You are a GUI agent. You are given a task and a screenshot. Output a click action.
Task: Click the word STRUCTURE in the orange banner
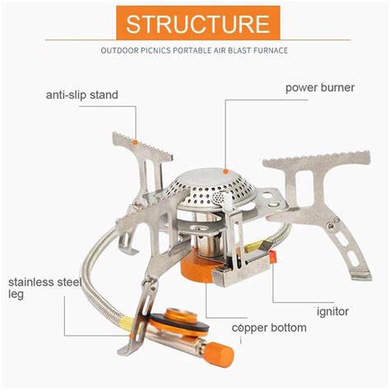pyautogui.click(x=198, y=24)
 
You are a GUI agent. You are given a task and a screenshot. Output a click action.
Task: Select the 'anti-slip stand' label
pyautogui.click(x=82, y=95)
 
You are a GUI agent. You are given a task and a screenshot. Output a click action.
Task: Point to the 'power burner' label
pyautogui.click(x=320, y=88)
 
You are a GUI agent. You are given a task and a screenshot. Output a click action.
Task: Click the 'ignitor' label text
pyautogui.click(x=332, y=312)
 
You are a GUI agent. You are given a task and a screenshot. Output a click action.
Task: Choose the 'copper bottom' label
pyautogui.click(x=269, y=327)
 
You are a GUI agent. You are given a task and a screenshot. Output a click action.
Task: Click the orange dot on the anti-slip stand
pyautogui.click(x=135, y=142)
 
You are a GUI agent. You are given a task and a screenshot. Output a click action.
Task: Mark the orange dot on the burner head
pyautogui.click(x=225, y=171)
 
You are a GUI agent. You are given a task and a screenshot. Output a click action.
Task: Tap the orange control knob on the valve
pyautogui.click(x=219, y=355)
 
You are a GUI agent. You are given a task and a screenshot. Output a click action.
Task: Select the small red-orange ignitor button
pyautogui.click(x=273, y=257)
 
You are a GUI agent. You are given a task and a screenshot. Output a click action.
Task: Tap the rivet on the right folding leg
pyautogui.click(x=331, y=225)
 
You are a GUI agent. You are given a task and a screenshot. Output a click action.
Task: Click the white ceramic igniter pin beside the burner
pyautogui.click(x=227, y=203)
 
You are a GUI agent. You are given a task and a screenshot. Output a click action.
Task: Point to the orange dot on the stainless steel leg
pyautogui.click(x=132, y=336)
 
